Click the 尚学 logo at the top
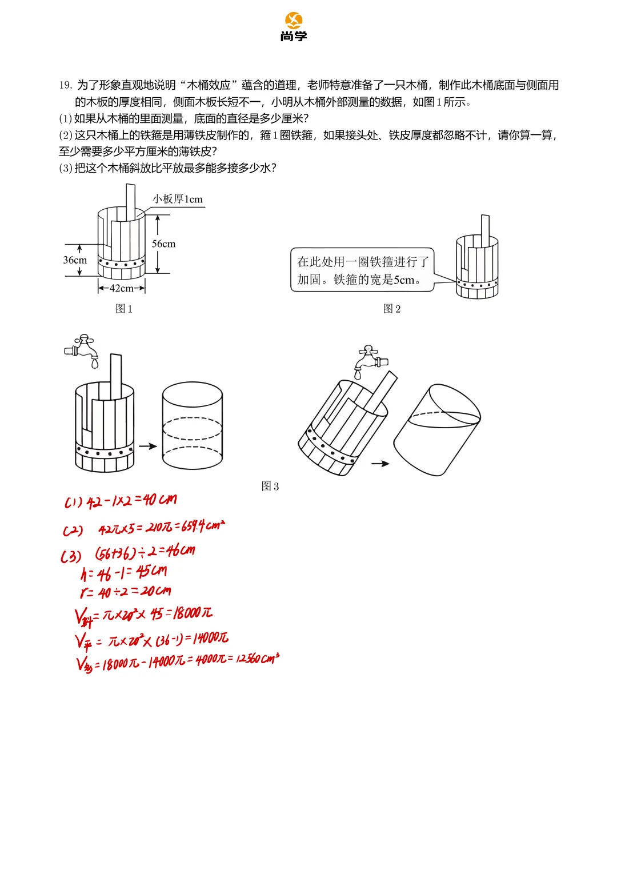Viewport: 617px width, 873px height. point(294,27)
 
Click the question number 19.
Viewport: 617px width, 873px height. point(65,85)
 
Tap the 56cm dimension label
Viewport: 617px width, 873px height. point(163,244)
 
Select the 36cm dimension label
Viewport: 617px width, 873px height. point(75,260)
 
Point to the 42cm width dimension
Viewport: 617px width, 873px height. point(121,288)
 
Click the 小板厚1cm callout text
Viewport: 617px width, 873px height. point(177,199)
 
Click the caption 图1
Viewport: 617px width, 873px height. point(124,309)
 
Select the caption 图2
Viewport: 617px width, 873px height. point(392,309)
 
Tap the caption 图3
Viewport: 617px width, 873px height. point(270,487)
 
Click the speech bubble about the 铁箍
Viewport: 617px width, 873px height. point(362,270)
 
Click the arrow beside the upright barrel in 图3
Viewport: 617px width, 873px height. point(148,447)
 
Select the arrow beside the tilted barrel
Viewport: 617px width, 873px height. point(380,464)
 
